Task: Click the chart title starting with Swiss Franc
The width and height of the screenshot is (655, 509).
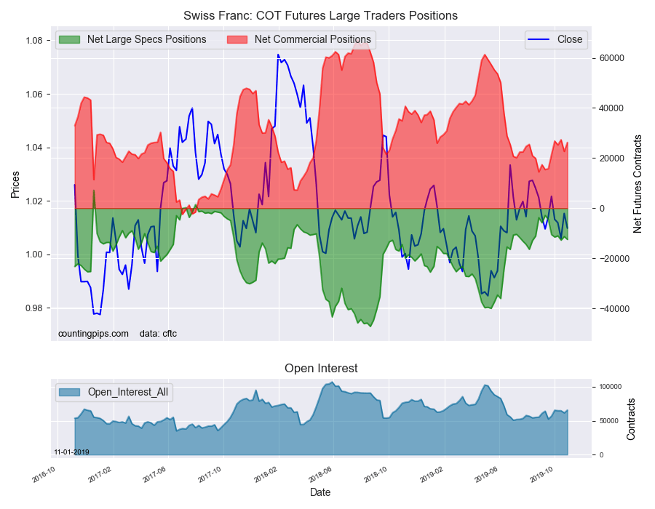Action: tap(321, 15)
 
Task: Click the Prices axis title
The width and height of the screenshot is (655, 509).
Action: tap(15, 183)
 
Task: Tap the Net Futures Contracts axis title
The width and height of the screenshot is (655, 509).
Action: tap(638, 183)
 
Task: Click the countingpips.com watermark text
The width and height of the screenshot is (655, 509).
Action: tap(93, 334)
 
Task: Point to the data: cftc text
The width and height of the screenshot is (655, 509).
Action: tap(158, 334)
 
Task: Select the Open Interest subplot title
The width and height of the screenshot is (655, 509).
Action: tap(321, 369)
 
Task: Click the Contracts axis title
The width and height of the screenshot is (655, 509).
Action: tap(631, 419)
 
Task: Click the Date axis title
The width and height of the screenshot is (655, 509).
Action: tap(320, 492)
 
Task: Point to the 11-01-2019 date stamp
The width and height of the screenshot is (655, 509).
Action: tap(71, 452)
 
